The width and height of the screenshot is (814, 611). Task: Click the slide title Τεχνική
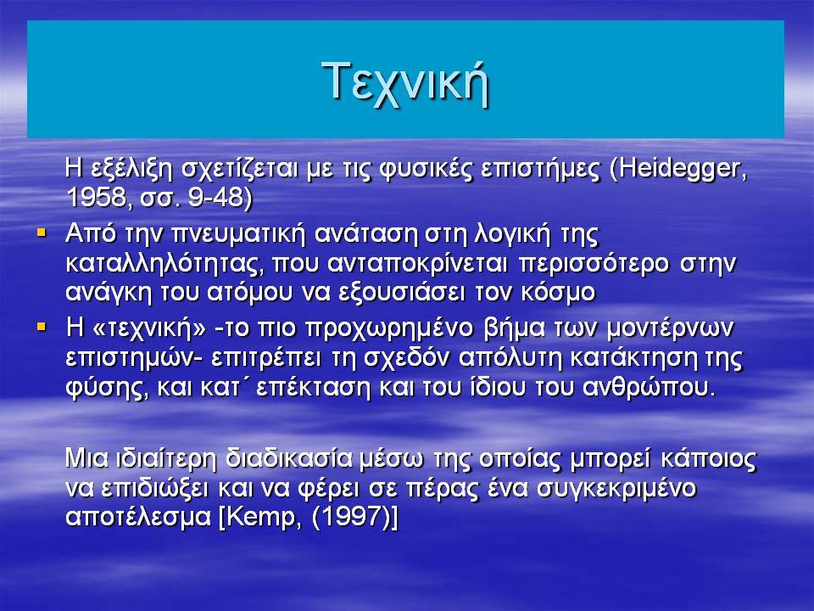[x=405, y=82]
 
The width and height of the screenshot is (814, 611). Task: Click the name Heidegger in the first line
[x=677, y=170]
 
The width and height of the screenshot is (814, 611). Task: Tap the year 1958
[x=96, y=198]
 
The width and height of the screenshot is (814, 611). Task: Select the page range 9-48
[x=215, y=198]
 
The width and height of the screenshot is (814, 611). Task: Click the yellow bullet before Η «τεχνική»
[x=42, y=328]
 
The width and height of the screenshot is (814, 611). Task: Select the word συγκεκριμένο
[x=616, y=489]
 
